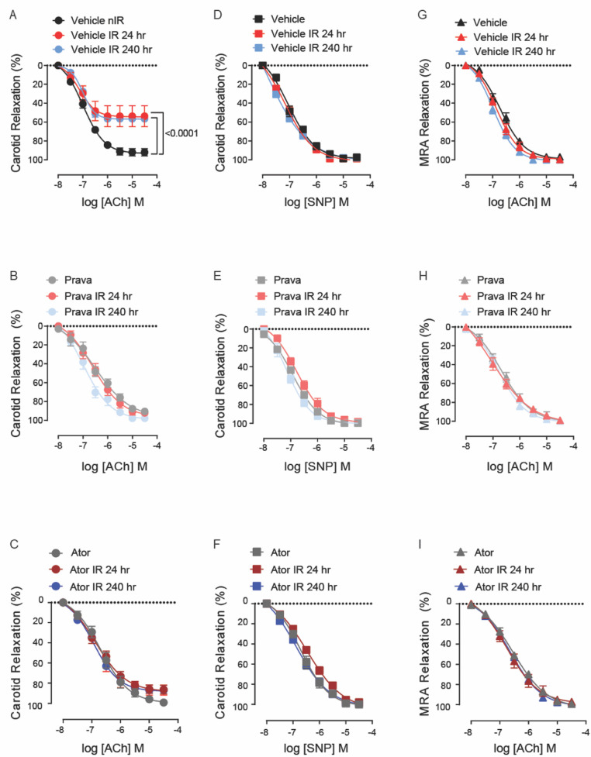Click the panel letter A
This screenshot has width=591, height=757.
point(13,15)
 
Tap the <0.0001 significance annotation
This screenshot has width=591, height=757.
point(181,132)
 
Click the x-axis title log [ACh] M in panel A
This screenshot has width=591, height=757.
point(112,201)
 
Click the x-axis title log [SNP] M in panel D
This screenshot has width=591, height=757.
point(316,201)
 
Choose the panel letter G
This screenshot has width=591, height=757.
point(423,15)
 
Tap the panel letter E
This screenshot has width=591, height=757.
point(217,276)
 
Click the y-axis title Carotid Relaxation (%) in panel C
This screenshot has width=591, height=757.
point(16,652)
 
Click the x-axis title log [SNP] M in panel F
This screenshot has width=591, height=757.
point(316,748)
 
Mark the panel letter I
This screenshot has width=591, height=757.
point(420,544)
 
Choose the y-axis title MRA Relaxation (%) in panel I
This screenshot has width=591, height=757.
point(425,654)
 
